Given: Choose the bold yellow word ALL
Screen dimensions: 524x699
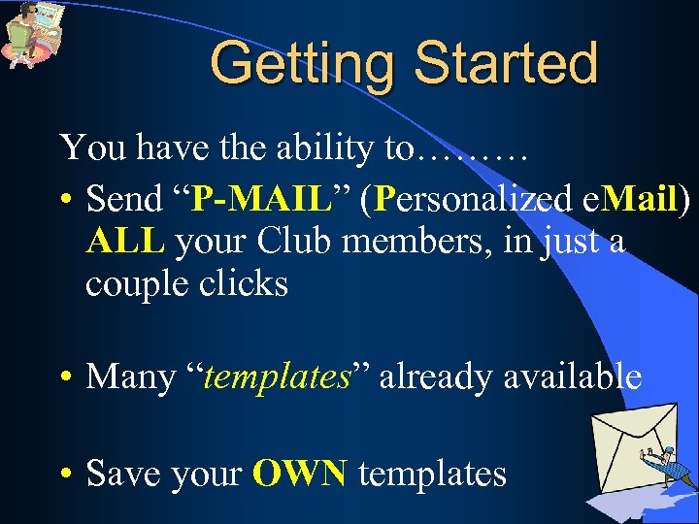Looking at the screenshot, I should pos(125,242).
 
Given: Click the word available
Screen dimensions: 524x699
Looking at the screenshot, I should pos(572,376).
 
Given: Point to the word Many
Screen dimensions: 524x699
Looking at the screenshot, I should pos(127,377).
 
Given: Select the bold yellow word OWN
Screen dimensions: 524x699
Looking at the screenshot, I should pos(300,474).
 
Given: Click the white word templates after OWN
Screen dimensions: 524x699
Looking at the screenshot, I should pos(432,474).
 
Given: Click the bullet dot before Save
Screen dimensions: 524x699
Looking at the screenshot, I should pos(65,475).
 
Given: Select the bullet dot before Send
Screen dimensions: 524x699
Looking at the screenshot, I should pos(65,201).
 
